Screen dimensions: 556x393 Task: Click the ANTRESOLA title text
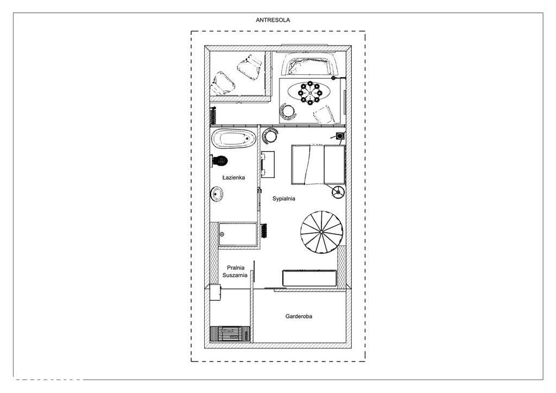click(x=273, y=20)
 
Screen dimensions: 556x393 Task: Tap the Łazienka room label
click(x=234, y=178)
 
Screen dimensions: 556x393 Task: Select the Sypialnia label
click(x=283, y=199)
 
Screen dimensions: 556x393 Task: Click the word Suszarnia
click(x=235, y=275)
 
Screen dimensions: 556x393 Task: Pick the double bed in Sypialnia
click(x=317, y=165)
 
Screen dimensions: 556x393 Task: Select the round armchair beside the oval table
click(x=288, y=111)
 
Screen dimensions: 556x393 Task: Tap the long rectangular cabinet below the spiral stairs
click(x=308, y=277)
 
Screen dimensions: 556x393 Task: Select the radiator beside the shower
click(x=264, y=230)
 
